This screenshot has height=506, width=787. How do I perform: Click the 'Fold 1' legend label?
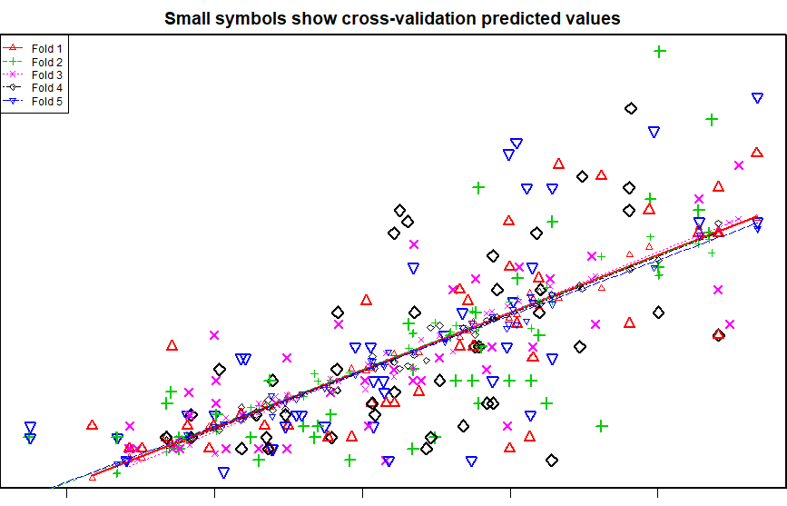[x=46, y=49]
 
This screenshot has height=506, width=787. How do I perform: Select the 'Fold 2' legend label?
[x=46, y=63]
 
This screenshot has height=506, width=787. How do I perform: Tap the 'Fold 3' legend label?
[x=46, y=75]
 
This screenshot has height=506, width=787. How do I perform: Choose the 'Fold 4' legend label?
[x=46, y=88]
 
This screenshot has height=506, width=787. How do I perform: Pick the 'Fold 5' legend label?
[x=46, y=102]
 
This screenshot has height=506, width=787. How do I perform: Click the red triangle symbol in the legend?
[x=13, y=48]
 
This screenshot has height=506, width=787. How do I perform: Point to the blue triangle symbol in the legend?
[x=13, y=101]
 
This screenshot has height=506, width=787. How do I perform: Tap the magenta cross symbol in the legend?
[x=13, y=74]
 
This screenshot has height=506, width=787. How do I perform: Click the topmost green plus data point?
[x=660, y=51]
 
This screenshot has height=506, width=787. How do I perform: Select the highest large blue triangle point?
[x=757, y=97]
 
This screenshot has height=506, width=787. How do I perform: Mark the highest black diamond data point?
[x=631, y=108]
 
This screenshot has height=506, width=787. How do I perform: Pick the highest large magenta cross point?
[x=739, y=165]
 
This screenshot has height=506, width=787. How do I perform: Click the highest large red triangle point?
[x=757, y=153]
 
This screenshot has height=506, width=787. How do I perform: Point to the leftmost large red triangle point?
[x=92, y=425]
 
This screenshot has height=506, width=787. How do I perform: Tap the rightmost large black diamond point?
[x=719, y=335]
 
